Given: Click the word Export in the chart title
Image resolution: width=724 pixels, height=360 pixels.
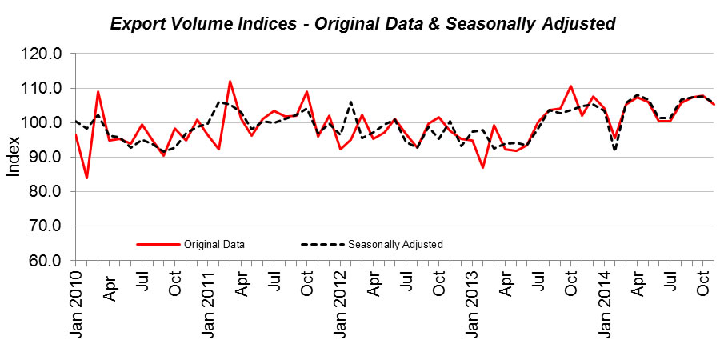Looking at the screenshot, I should click(137, 25).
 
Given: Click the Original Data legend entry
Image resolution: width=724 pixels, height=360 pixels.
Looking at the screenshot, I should click(214, 244).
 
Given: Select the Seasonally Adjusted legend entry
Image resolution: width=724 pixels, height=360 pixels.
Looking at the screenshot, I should click(395, 244).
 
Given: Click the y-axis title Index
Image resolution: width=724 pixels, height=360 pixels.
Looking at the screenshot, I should click(14, 158).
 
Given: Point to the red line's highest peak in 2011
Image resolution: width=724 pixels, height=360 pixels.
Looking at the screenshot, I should click(230, 81).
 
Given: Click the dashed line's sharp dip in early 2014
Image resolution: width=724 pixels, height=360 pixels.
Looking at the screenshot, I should click(614, 150).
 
